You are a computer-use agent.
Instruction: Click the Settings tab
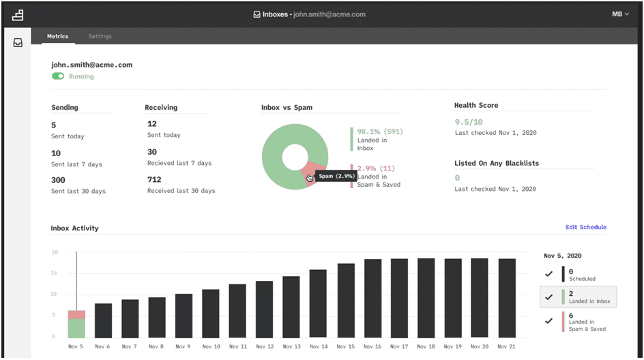(100, 36)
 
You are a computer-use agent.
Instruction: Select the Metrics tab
(57, 36)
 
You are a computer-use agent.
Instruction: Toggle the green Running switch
(58, 76)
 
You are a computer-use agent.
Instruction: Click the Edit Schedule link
(586, 227)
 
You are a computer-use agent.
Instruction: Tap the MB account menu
(620, 14)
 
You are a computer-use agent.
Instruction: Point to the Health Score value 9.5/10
(469, 122)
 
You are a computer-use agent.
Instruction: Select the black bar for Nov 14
(318, 304)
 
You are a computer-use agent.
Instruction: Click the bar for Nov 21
(507, 299)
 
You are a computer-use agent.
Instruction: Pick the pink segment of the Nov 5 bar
(76, 315)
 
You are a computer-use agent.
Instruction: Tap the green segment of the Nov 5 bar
(76, 329)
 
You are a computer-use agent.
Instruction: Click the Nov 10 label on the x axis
(211, 346)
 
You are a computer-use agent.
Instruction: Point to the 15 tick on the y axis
(54, 273)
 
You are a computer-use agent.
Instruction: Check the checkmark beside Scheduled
(548, 274)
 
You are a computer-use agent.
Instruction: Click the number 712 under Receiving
(154, 179)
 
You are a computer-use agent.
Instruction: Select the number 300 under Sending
(58, 180)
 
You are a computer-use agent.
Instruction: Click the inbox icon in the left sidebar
(18, 43)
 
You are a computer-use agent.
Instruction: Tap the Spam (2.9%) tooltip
(336, 176)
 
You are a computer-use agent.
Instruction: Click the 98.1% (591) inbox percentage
(380, 132)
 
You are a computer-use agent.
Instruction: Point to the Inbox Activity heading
(75, 228)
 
